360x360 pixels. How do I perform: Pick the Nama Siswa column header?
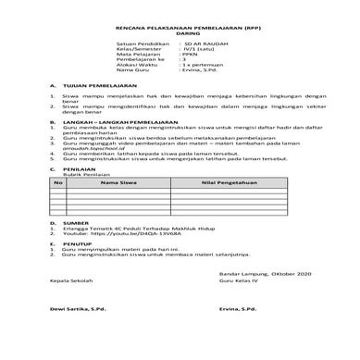tap(118, 184)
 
